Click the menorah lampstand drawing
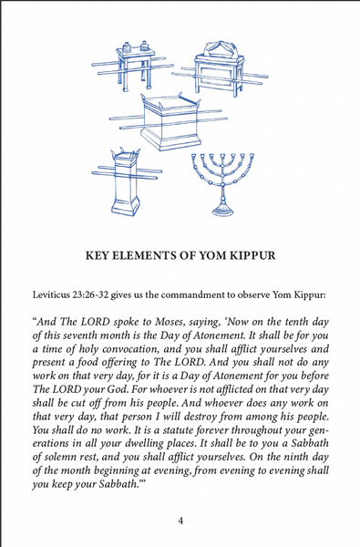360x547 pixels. point(223,182)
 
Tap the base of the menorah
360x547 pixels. point(223,210)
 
